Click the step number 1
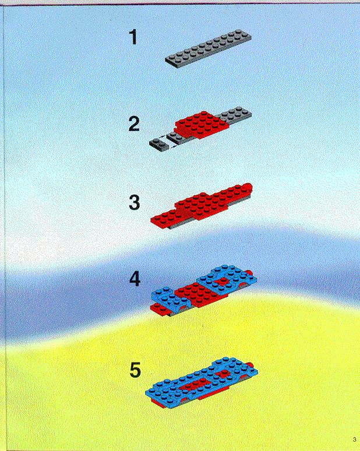pyautogui.click(x=133, y=37)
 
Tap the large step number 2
pyautogui.click(x=134, y=124)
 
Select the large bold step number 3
pyautogui.click(x=134, y=203)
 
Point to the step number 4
pyautogui.click(x=135, y=279)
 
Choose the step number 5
pyautogui.click(x=135, y=370)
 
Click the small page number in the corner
pyautogui.click(x=354, y=439)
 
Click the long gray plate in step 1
pyautogui.click(x=208, y=48)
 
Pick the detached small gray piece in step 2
pyautogui.click(x=159, y=144)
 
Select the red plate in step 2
pyautogui.click(x=202, y=125)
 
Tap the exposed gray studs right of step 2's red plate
pyautogui.click(x=235, y=114)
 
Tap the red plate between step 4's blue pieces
pyautogui.click(x=195, y=294)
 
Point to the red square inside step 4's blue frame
pyautogui.click(x=221, y=281)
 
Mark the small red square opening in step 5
pyautogui.click(x=223, y=374)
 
